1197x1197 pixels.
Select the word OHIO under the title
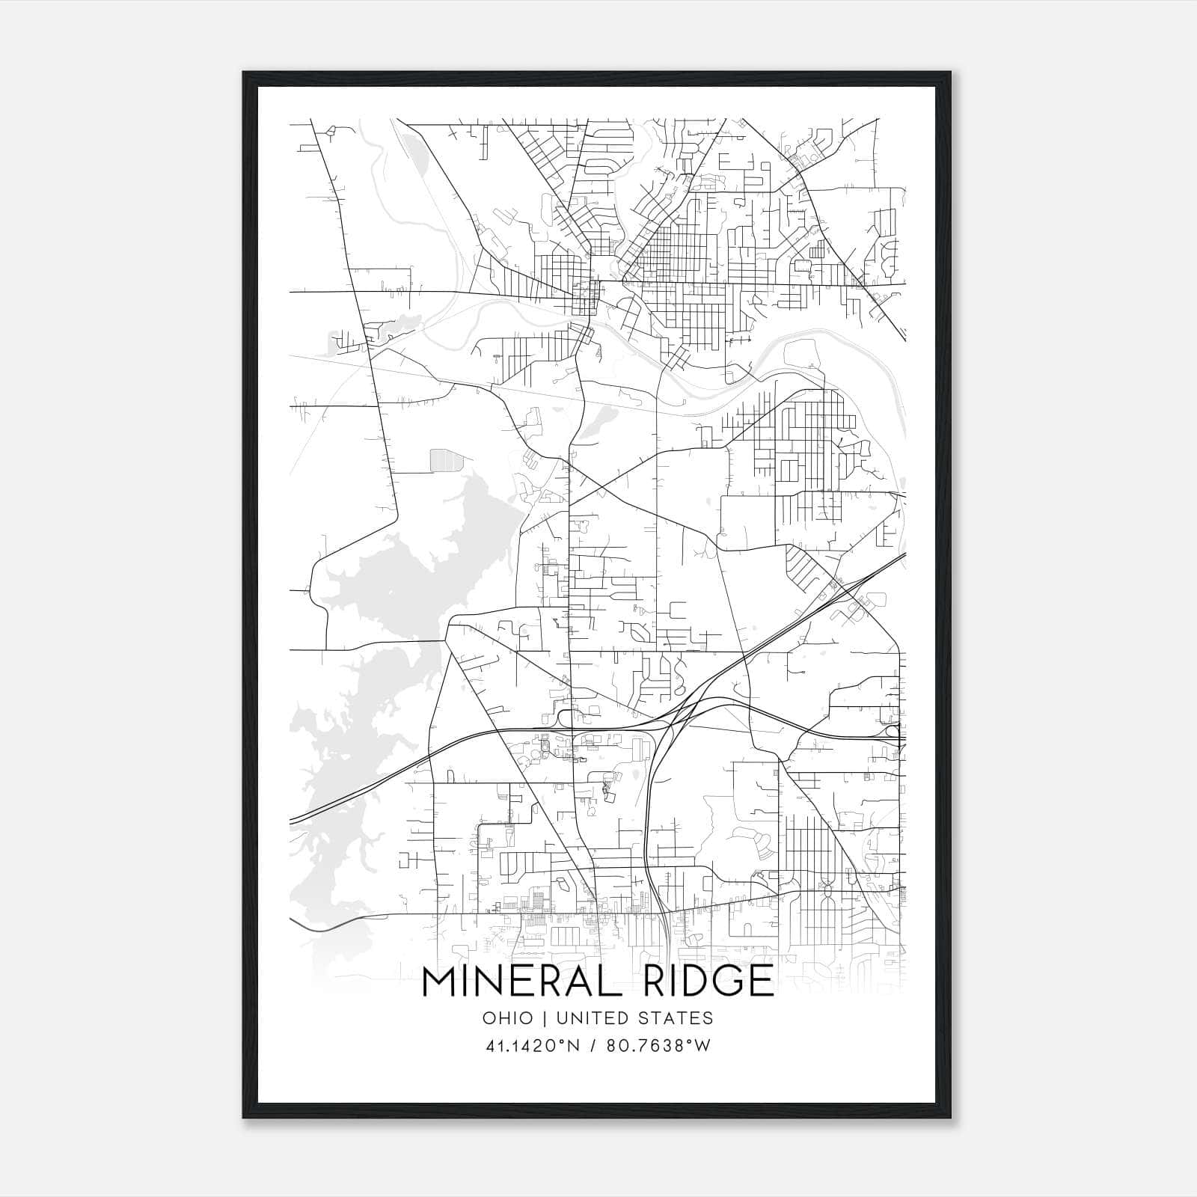click(508, 1017)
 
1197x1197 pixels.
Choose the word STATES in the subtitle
click(679, 1017)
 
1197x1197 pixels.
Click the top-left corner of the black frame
click(244, 73)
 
